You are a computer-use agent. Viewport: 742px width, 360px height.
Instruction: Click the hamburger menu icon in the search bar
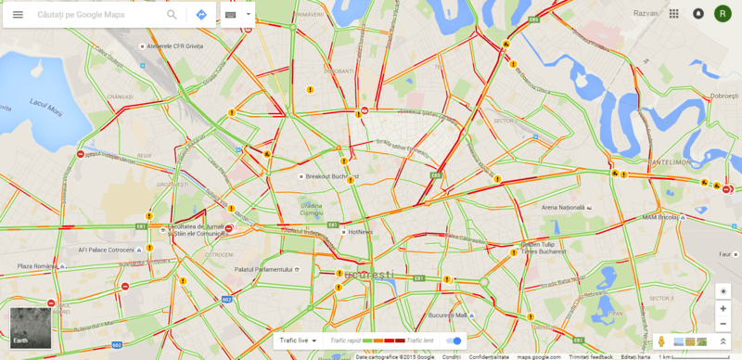tap(18, 16)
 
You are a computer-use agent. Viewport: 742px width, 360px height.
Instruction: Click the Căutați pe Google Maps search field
tap(93, 16)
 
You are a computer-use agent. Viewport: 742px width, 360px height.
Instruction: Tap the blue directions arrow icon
tap(201, 16)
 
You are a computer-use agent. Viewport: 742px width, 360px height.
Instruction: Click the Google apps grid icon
tap(673, 14)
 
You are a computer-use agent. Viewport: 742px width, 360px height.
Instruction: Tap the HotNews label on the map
tap(357, 232)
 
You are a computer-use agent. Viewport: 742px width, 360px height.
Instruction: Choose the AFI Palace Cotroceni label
tap(108, 249)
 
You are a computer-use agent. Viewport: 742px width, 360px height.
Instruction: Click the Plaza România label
tap(38, 266)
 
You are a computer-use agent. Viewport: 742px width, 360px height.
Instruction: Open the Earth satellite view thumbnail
tap(30, 328)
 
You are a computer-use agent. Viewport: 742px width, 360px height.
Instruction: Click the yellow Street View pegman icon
tap(661, 342)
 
